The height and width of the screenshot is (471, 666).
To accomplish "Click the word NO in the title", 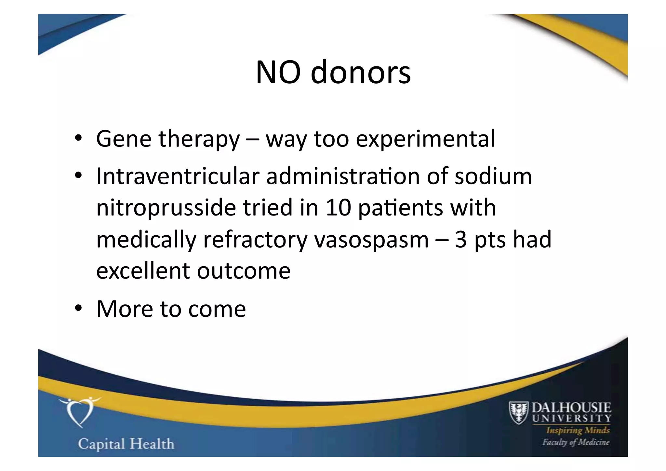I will point(278,72).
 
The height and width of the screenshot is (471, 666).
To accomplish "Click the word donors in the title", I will point(361,72).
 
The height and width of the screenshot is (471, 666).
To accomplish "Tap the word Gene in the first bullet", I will point(124,139).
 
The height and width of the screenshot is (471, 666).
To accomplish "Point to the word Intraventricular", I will point(178,176).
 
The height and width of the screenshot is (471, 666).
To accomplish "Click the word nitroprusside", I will point(166,208).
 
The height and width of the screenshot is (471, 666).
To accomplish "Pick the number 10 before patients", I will point(338,208).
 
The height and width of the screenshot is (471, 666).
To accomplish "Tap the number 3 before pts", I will point(461,239).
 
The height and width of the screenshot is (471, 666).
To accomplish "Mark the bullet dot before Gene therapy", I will point(78,138).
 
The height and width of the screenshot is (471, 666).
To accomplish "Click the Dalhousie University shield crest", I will point(519,413).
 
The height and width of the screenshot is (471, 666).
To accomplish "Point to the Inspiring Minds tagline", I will point(578,430).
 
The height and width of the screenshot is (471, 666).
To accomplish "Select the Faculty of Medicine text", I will point(576,442).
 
